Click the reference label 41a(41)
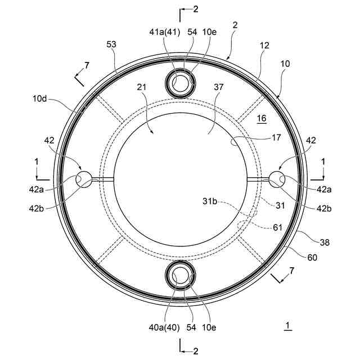(x=165, y=32)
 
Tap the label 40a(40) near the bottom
(x=164, y=327)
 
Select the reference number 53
(x=111, y=44)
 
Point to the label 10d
(x=39, y=99)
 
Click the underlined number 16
(x=262, y=119)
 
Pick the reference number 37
(x=218, y=87)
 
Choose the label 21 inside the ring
(x=141, y=87)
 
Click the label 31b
(x=210, y=201)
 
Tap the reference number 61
(x=277, y=227)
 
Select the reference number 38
(x=325, y=242)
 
